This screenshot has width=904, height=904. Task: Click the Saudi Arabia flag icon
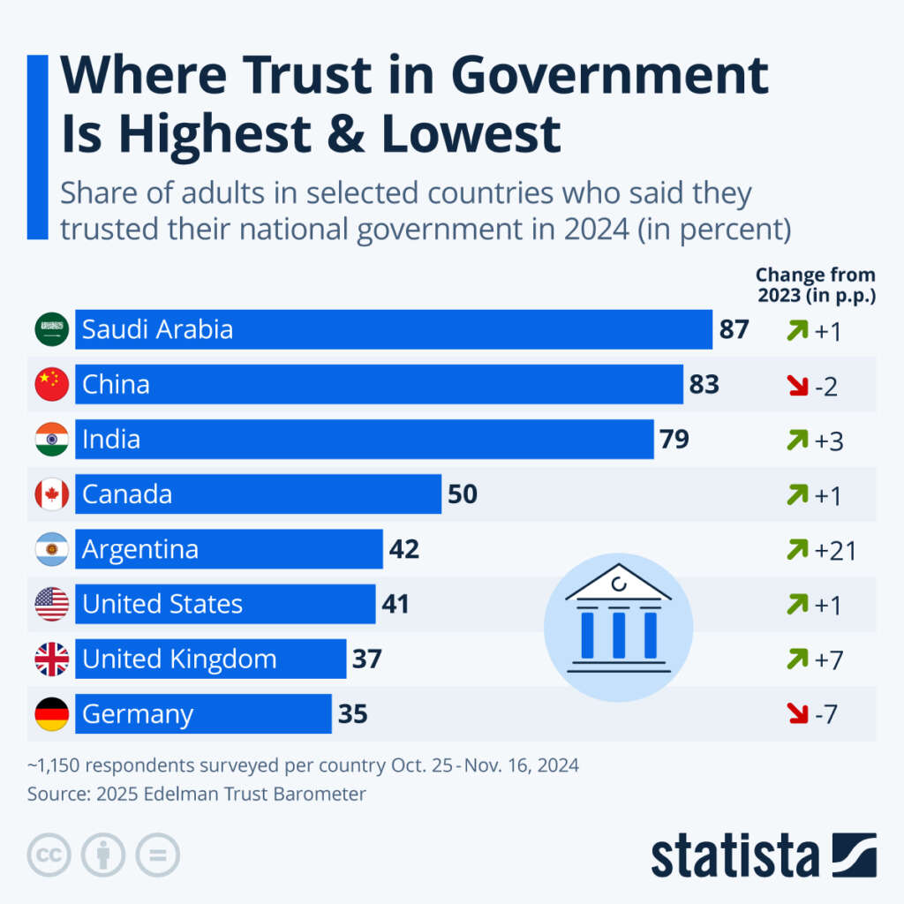51,330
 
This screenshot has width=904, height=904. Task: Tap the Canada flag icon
51,494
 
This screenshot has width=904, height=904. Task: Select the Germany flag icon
51,714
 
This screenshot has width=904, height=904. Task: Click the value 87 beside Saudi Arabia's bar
734,330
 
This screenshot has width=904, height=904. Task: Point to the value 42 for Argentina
404,549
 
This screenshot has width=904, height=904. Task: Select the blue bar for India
364,440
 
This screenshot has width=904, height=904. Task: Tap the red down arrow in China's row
797,386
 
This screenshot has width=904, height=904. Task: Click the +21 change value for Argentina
835,550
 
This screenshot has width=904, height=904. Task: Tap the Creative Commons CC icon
49,855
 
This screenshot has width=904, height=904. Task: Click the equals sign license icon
157,855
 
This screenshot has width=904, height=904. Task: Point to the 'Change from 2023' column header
816,285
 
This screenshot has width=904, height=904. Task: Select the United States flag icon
51,605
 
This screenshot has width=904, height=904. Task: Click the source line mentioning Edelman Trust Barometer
196,794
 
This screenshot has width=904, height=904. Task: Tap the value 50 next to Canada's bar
463,494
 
